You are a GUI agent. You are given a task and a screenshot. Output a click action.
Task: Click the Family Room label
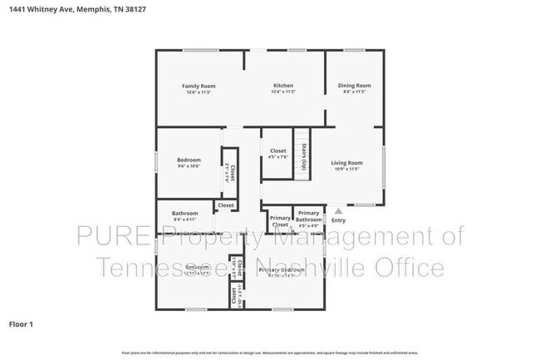point(199,86)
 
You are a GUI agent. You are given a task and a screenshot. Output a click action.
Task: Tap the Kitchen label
point(283,86)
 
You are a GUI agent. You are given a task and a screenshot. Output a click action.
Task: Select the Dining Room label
point(354,85)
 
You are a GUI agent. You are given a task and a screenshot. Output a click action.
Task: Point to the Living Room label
point(347,162)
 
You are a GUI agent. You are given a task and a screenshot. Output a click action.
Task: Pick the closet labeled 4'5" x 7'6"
point(278,151)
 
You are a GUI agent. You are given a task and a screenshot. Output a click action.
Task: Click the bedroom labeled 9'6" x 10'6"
point(189,160)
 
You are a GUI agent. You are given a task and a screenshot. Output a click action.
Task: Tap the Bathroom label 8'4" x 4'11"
point(184,214)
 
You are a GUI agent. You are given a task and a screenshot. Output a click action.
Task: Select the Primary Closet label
point(280,221)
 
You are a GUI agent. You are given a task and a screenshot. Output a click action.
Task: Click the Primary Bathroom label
point(309,216)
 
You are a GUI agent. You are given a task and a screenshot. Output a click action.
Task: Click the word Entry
point(339,220)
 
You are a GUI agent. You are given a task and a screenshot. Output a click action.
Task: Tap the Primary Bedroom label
point(281,270)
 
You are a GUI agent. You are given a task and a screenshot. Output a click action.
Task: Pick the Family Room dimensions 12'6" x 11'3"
point(199,92)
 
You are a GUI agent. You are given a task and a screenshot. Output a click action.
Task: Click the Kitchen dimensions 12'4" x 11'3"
point(283,92)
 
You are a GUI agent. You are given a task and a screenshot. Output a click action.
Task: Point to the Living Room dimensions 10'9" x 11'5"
point(347,169)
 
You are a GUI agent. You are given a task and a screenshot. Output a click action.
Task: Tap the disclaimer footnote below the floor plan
point(269,353)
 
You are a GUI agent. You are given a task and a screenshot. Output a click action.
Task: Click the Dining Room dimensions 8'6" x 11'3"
point(354,91)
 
